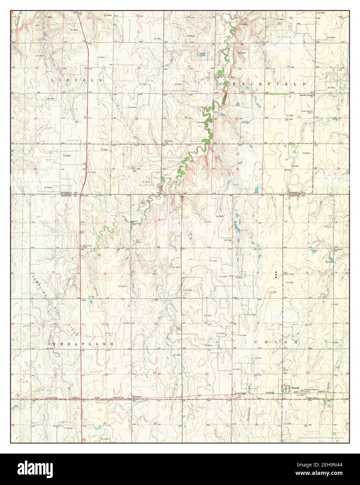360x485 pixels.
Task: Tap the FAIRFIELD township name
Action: pos(269,84)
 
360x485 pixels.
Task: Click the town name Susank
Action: pos(296,387)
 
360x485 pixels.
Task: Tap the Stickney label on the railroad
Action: pos(137,397)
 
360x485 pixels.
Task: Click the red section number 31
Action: pos(186,170)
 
